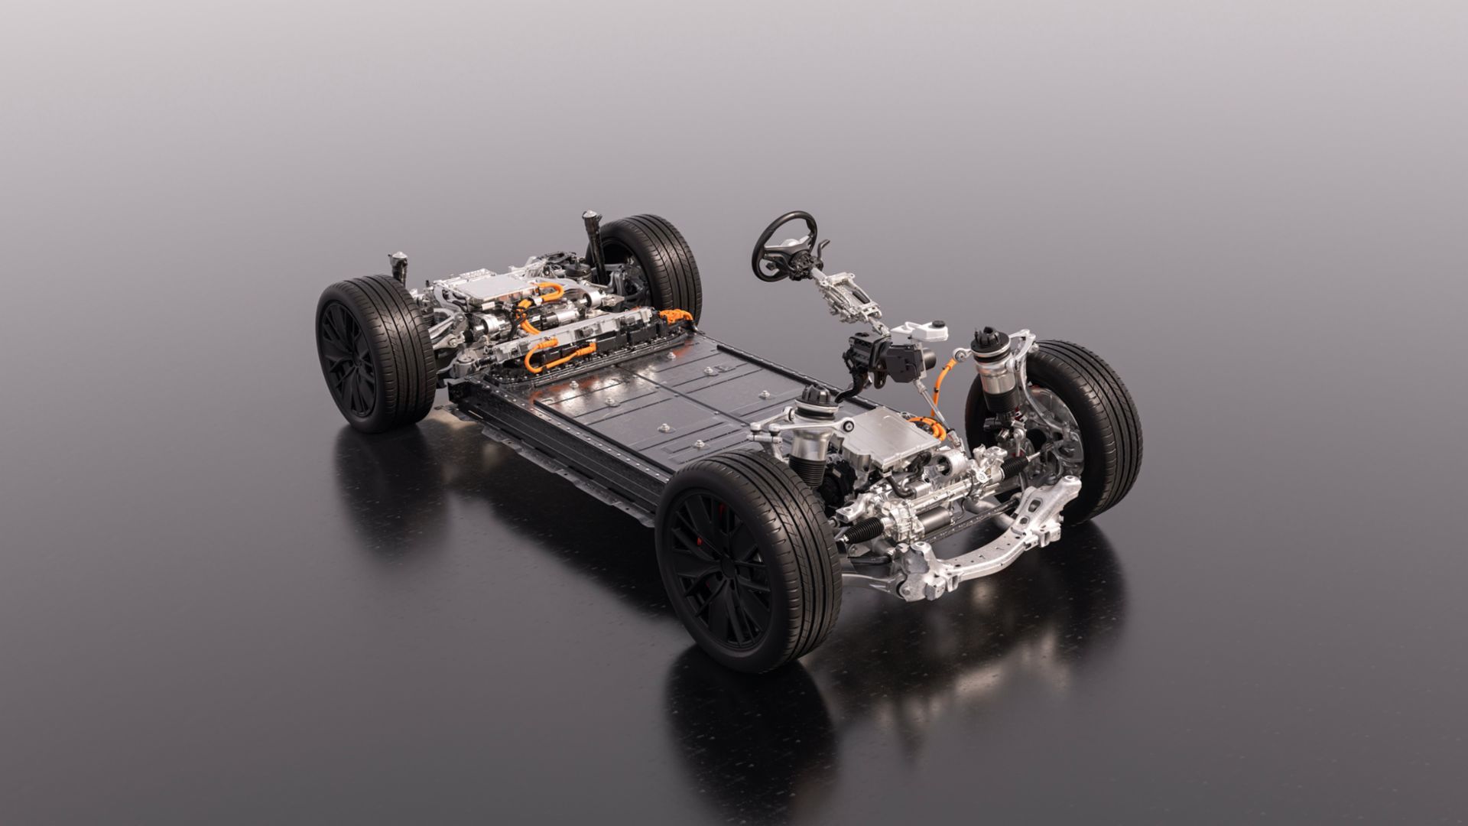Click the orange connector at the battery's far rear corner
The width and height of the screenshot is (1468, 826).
coord(676,314)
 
